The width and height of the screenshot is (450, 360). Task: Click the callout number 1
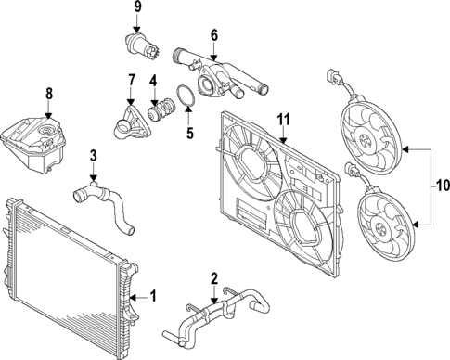coord(154,296)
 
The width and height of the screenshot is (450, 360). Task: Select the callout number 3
coord(93,156)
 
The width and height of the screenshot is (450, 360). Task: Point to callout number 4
coord(153,81)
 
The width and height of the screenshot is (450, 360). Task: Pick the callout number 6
coord(213,36)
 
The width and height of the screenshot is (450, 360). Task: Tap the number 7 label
coord(130,81)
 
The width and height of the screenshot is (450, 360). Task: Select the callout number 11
coord(284,118)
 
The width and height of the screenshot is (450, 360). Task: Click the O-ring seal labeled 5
coord(185,97)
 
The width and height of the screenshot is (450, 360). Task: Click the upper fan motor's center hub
coord(370,141)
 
